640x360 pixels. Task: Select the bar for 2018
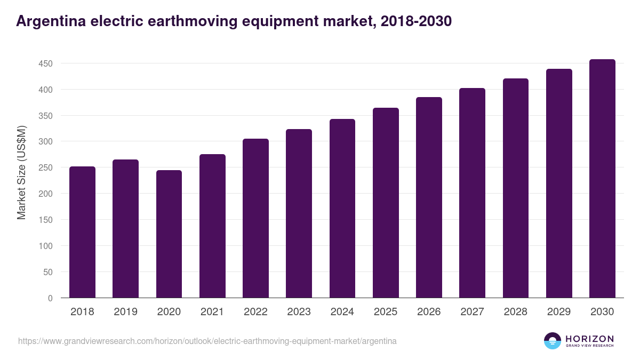pyautogui.click(x=82, y=232)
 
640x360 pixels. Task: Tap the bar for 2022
pyautogui.click(x=255, y=218)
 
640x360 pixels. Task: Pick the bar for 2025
pyautogui.click(x=386, y=203)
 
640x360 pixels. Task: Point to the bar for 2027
pyautogui.click(x=472, y=193)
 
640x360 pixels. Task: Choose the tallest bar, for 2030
pyautogui.click(x=602, y=179)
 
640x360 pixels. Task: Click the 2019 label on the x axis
pyautogui.click(x=126, y=312)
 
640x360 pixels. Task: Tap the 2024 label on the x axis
pyautogui.click(x=342, y=312)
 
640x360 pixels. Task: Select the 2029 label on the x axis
pyautogui.click(x=559, y=312)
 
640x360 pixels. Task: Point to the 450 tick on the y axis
pyautogui.click(x=45, y=63)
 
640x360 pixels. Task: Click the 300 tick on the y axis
pyautogui.click(x=45, y=142)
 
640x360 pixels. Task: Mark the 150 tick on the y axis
pyautogui.click(x=45, y=220)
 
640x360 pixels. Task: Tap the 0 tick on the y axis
pyautogui.click(x=50, y=298)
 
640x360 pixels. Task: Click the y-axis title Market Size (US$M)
pyautogui.click(x=21, y=172)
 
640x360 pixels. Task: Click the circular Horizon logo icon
pyautogui.click(x=552, y=341)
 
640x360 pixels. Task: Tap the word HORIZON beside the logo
pyautogui.click(x=589, y=339)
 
